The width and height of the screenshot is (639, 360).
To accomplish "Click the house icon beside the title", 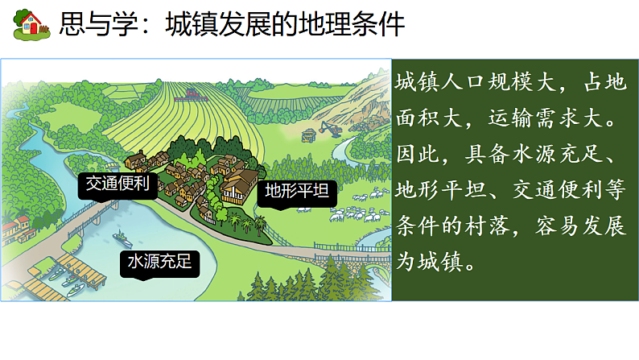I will pos(31,23).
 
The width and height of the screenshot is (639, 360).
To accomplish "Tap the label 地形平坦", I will pos(296,192).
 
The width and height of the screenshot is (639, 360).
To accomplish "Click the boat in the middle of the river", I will pos(122,238).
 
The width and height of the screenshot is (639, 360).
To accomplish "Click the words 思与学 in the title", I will pos(90,25).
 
